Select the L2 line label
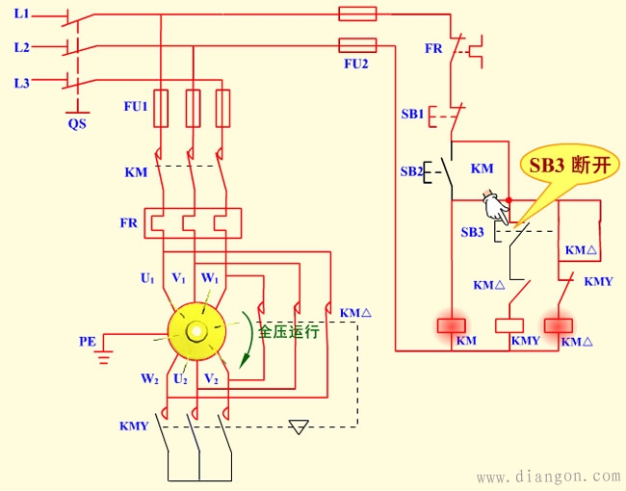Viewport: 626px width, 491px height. [21, 46]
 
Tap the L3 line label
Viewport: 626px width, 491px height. [21, 83]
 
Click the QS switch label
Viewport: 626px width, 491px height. [76, 124]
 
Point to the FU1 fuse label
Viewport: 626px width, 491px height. [135, 108]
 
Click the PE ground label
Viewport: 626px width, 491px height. [88, 341]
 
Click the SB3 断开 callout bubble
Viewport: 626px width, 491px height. [567, 165]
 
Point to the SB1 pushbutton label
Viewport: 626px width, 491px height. [412, 114]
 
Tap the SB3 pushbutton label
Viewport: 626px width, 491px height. [472, 232]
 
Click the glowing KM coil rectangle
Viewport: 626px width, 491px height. [452, 325]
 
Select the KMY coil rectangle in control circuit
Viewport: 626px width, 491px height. [509, 325]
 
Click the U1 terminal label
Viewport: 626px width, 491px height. [147, 278]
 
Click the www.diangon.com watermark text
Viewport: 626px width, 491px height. [549, 476]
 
